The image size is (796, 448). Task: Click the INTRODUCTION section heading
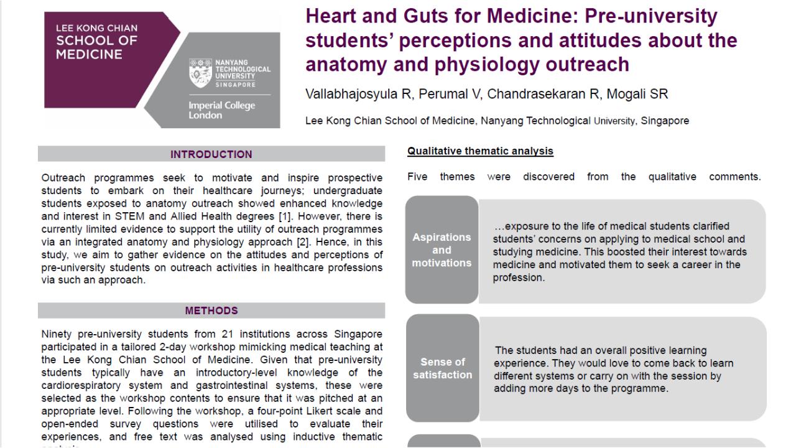click(211, 154)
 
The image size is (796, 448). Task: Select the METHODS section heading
click(211, 310)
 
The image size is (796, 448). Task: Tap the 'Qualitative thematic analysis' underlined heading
click(480, 151)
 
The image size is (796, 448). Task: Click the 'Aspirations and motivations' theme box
click(442, 250)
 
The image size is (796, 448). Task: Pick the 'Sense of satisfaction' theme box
click(442, 368)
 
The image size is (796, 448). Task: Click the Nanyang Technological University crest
click(200, 73)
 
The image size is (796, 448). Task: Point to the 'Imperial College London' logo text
click(221, 110)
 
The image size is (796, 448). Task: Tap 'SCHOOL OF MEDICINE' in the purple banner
click(97, 47)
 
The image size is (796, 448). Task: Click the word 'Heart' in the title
click(334, 16)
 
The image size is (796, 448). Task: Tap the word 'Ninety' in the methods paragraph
click(58, 334)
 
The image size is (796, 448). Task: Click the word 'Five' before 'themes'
click(417, 177)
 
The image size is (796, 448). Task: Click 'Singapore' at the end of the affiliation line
click(665, 121)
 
